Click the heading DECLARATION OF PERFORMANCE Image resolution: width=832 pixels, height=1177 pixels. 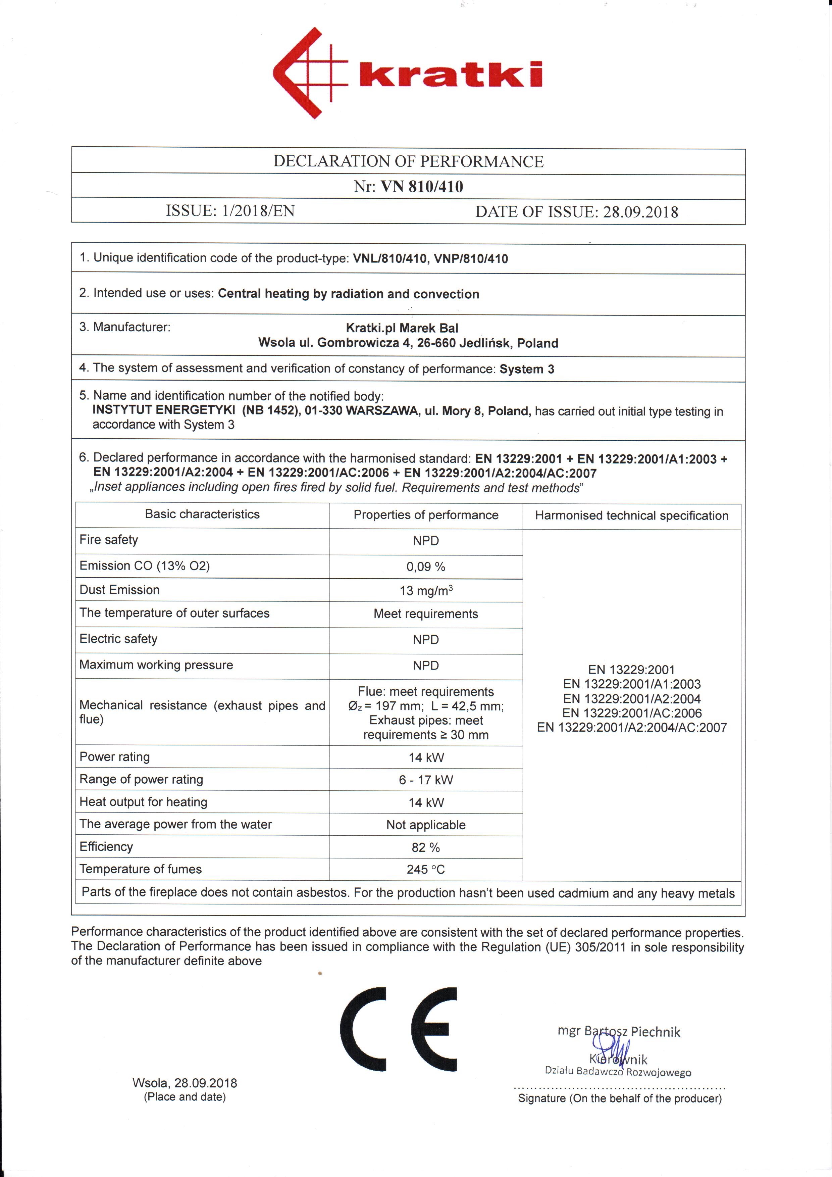point(408,161)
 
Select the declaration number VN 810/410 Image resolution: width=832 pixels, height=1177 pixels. point(422,187)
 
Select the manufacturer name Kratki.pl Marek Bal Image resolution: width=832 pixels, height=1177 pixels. point(402,328)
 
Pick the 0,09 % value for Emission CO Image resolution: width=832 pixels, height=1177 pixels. point(426,567)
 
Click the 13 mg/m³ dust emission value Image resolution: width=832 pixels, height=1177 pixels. point(426,591)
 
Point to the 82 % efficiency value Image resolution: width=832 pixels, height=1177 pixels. point(426,847)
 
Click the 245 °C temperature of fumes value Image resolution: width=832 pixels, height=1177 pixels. point(426,870)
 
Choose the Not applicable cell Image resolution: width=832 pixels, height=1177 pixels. point(426,825)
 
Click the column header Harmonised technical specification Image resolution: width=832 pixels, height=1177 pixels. point(631,516)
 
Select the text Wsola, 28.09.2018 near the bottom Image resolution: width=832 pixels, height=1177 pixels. point(185,1083)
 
